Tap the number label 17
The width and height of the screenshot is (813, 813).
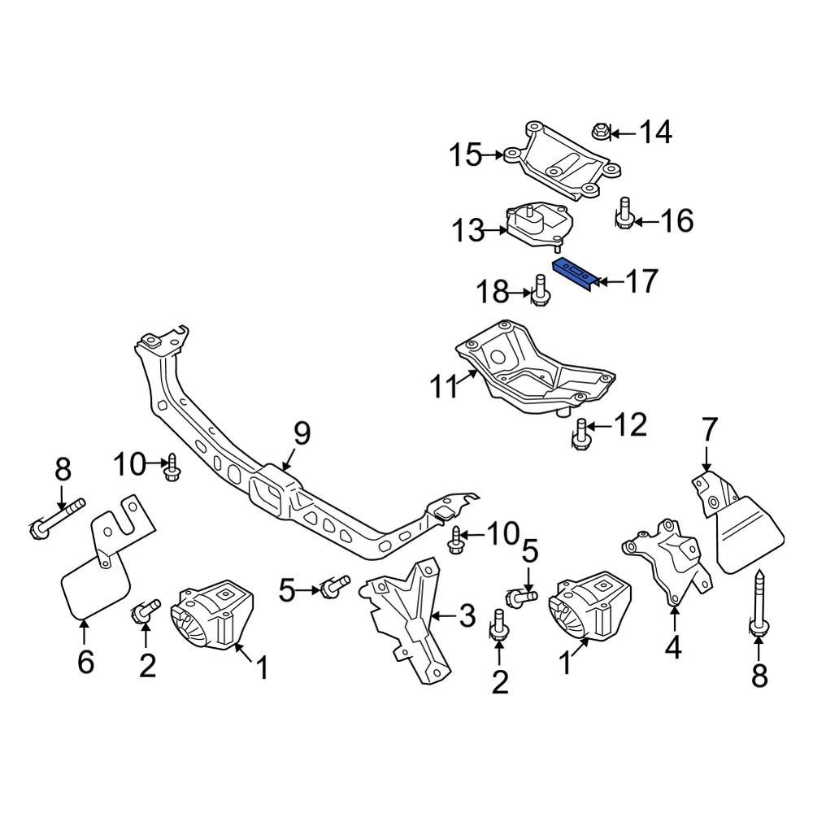click(x=641, y=282)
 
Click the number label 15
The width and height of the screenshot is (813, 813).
click(x=467, y=154)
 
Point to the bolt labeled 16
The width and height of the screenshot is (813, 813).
click(x=624, y=213)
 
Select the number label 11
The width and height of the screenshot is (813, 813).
click(x=446, y=387)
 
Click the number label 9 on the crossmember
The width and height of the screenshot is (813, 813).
click(x=302, y=435)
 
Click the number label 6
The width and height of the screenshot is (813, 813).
click(x=85, y=662)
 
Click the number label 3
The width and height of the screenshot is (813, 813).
click(x=466, y=616)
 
